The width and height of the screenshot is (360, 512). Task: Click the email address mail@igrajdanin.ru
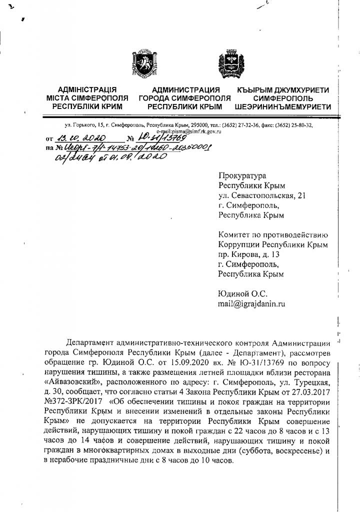click(x=251, y=302)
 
